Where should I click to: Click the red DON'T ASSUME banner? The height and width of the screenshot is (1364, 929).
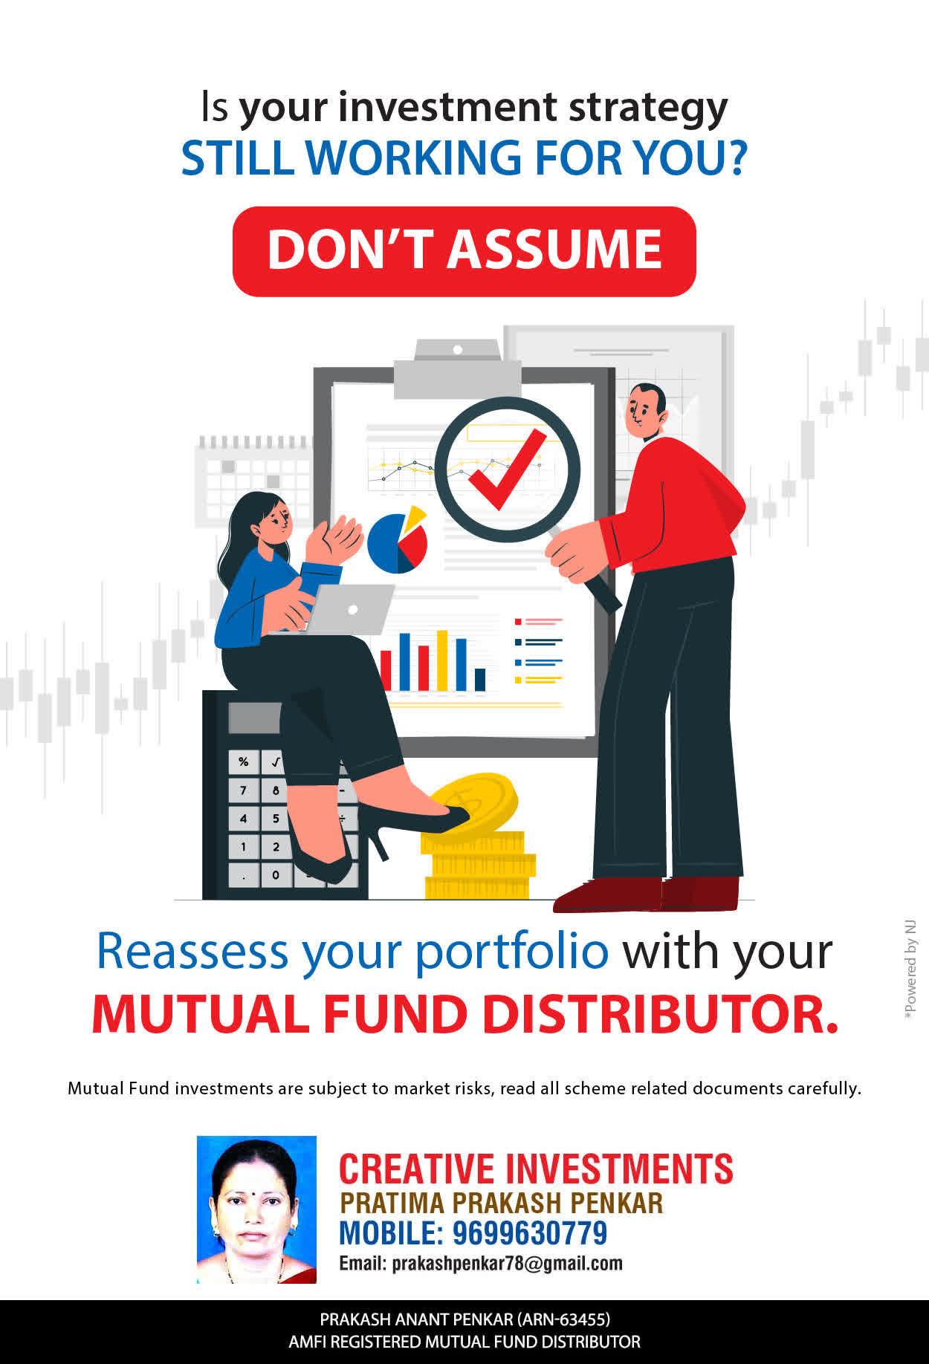pyautogui.click(x=464, y=251)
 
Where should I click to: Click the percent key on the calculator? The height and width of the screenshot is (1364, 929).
pyautogui.click(x=243, y=761)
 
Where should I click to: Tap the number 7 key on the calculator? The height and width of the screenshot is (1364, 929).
pyautogui.click(x=243, y=790)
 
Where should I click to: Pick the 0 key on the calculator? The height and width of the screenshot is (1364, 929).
pyautogui.click(x=276, y=874)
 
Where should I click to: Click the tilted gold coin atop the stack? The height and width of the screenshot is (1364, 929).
pyautogui.click(x=473, y=804)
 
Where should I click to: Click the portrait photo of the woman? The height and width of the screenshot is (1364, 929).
pyautogui.click(x=256, y=1209)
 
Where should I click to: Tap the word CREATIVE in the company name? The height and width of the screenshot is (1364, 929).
pyautogui.click(x=416, y=1169)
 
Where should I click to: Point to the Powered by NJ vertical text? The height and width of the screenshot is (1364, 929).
pyautogui.click(x=910, y=970)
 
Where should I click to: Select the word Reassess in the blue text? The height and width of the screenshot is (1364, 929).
pyautogui.click(x=192, y=951)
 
